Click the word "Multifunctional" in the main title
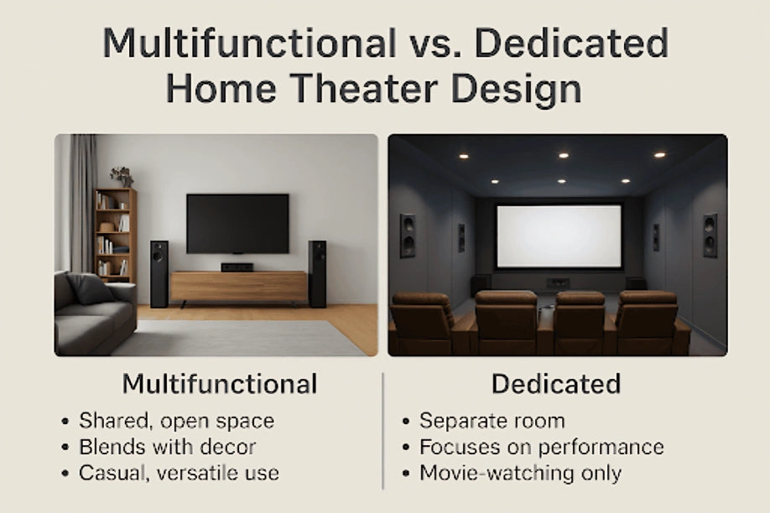pyautogui.click(x=249, y=44)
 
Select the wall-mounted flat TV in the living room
pyautogui.click(x=237, y=224)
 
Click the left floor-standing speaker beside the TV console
pyautogui.click(x=159, y=274)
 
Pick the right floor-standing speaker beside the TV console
pyautogui.click(x=317, y=274)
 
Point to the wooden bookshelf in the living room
pyautogui.click(x=116, y=236)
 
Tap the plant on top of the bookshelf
pyautogui.click(x=122, y=177)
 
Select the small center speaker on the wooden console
pyautogui.click(x=237, y=267)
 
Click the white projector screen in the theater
pyautogui.click(x=559, y=236)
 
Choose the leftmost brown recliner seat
pyautogui.click(x=422, y=323)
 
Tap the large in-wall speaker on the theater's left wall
pyautogui.click(x=408, y=236)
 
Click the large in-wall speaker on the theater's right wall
pyautogui.click(x=710, y=236)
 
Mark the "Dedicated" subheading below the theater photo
pyautogui.click(x=556, y=384)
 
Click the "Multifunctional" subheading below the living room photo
pyautogui.click(x=220, y=384)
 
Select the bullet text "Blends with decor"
pyautogui.click(x=168, y=448)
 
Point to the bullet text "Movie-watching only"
pyautogui.click(x=521, y=474)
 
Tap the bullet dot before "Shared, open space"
pyautogui.click(x=65, y=422)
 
